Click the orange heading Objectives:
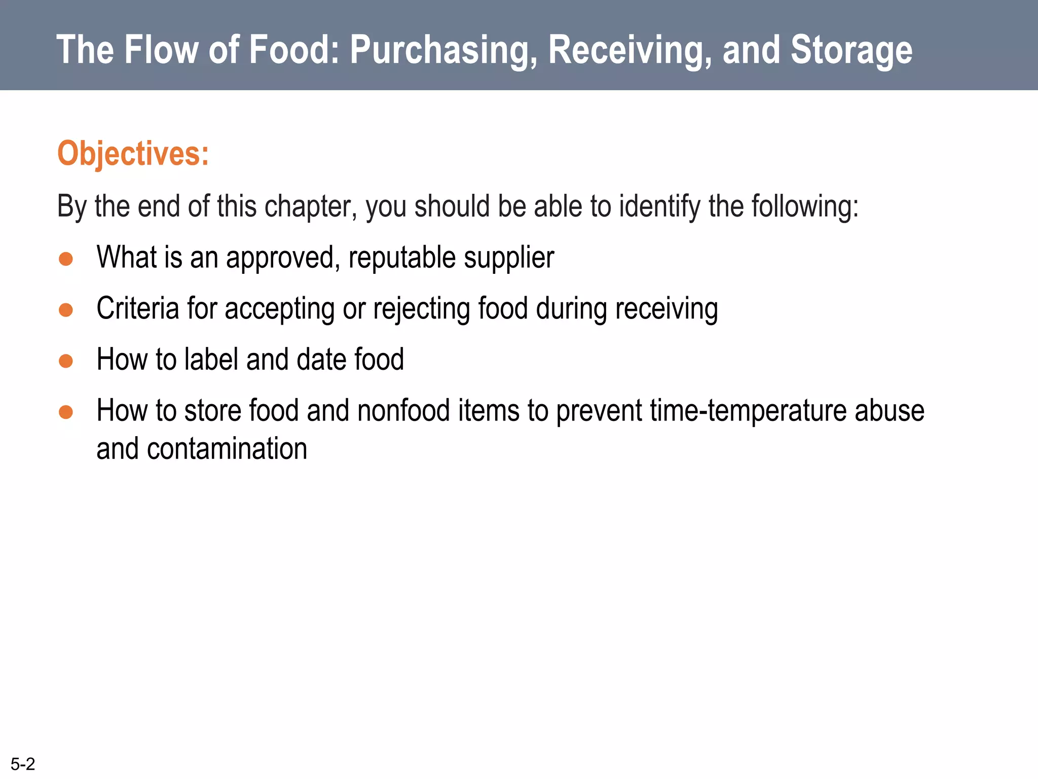(133, 153)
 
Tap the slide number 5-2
(23, 764)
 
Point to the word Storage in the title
(851, 50)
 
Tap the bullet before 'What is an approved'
(66, 259)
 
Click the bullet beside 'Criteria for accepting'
(66, 310)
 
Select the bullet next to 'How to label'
(66, 361)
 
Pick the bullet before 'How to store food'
(66, 412)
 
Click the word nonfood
(403, 410)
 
